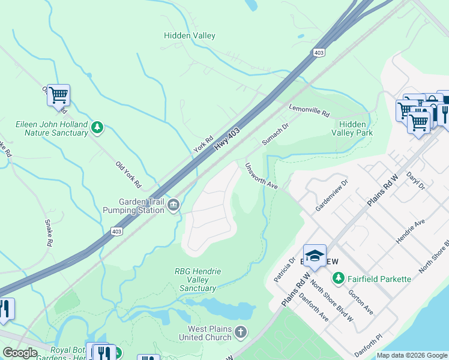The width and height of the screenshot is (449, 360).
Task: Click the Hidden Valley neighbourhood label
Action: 190,36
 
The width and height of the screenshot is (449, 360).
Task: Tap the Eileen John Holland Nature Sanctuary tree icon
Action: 97,127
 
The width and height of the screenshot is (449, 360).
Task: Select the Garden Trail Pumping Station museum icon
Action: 173,205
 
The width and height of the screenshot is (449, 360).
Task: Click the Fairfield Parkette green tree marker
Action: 339,279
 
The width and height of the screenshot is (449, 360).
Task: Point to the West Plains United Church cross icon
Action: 240,332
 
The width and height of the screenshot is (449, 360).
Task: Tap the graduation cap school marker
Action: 315,256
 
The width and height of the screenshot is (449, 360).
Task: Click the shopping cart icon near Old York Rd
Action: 58,95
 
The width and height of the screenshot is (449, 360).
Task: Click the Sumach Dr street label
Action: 275,135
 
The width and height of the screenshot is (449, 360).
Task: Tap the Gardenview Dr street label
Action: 331,195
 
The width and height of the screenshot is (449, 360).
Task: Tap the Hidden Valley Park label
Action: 352,128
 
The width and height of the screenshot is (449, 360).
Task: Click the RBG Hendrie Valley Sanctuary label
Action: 198,280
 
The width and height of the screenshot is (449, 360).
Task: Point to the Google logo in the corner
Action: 20,353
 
